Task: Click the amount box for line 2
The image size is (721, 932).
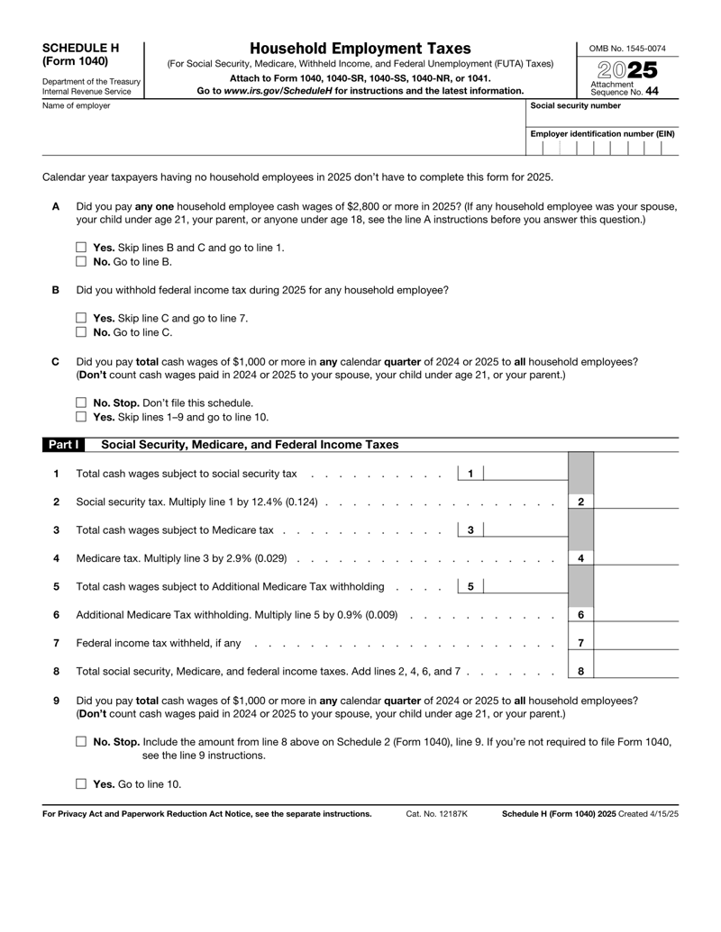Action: point(635,499)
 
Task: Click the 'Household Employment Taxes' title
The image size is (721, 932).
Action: point(360,49)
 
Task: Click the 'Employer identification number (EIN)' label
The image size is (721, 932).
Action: point(603,133)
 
